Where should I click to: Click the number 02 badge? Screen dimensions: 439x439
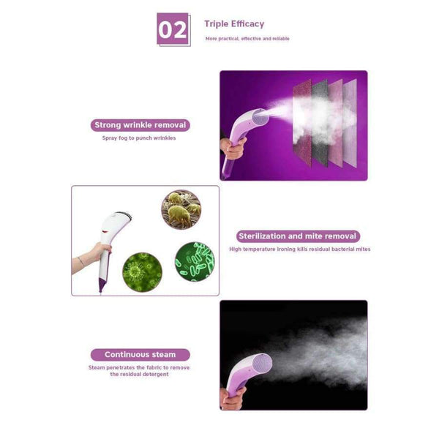[x=173, y=29]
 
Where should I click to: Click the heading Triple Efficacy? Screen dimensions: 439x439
[x=234, y=24]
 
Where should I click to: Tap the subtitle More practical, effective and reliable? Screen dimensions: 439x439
[x=247, y=39]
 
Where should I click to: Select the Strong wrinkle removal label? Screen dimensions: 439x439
[x=140, y=125]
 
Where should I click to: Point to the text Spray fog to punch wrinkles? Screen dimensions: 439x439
[x=139, y=138]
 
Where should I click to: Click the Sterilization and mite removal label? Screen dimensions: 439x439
[x=298, y=236]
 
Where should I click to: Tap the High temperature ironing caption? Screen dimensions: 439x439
[x=299, y=249]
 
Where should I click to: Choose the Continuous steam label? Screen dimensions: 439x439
[x=140, y=355]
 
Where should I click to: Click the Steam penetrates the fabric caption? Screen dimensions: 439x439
[x=139, y=371]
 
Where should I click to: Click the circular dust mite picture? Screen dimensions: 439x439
[x=181, y=210]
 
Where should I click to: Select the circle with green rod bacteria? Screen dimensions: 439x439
[x=194, y=260]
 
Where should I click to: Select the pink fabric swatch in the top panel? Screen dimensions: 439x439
[x=335, y=110]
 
